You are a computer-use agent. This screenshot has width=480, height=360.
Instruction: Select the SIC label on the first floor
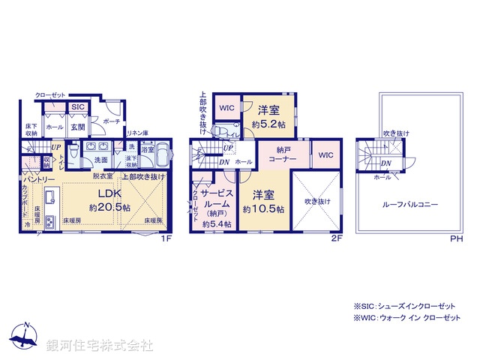tap(78, 108)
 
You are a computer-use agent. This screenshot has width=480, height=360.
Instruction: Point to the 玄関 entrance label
tap(78, 127)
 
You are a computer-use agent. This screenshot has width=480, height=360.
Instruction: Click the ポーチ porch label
tap(111, 121)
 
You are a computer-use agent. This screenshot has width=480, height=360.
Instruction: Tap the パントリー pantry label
tap(38, 180)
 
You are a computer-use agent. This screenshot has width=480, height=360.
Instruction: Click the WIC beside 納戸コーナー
tap(325, 155)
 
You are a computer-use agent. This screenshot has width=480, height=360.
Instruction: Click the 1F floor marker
tap(167, 238)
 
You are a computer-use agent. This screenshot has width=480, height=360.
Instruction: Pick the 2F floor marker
tap(337, 238)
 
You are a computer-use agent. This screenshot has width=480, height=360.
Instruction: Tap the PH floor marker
tap(457, 238)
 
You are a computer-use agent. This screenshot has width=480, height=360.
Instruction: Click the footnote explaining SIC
tap(405, 307)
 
